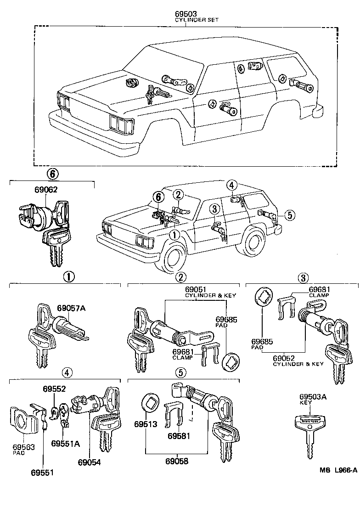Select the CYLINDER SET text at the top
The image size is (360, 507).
point(197,20)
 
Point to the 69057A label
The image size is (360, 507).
point(71,308)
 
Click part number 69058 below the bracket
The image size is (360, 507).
point(177,461)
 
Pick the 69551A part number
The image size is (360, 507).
point(66,444)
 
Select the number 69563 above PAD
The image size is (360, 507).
point(23,446)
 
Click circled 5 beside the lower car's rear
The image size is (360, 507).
point(288,214)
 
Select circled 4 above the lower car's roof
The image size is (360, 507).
point(232,185)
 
